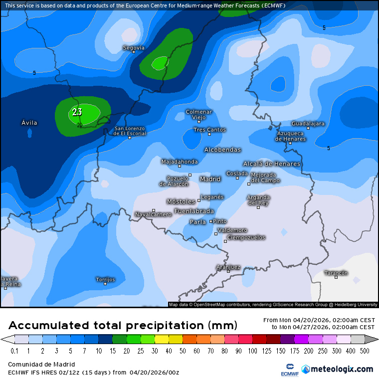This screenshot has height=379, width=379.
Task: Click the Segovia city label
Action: point(134,48)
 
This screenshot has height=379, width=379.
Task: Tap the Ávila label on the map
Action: point(29,123)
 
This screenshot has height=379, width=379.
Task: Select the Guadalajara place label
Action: point(308,123)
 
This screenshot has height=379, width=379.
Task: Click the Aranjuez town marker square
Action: point(228,271)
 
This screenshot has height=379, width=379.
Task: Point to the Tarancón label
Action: point(336,273)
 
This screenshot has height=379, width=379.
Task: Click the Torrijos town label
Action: point(105,279)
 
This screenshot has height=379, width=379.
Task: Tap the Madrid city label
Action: point(210,179)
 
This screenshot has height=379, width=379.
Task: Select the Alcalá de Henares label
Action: point(271,164)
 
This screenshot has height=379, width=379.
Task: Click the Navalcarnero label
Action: point(153,214)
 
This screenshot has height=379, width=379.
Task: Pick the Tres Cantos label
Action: point(209,130)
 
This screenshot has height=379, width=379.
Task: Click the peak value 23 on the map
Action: point(77,112)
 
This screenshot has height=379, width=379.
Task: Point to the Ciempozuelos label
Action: point(246,237)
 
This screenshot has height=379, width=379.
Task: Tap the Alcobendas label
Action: point(222,150)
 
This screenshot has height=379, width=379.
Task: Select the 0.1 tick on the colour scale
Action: point(14,351)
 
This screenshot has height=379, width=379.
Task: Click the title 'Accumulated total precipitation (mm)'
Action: point(122,326)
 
